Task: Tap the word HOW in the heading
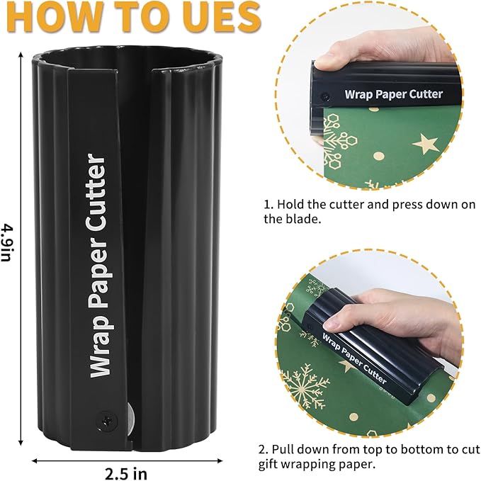tap(44, 17)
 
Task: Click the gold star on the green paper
tap(425, 143)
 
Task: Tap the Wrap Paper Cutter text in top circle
tap(393, 94)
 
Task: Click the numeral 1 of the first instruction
tap(267, 204)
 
